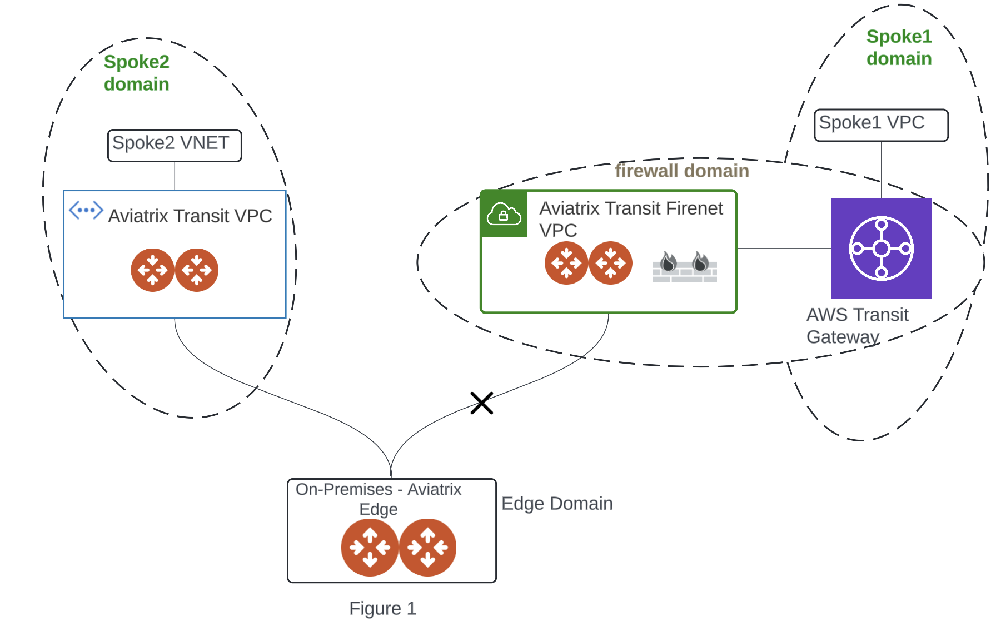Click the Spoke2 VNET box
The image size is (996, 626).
[174, 145]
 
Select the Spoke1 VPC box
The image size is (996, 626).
[880, 125]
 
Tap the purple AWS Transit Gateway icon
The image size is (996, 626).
[881, 248]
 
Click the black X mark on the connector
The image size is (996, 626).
[481, 403]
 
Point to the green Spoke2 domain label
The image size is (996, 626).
[136, 73]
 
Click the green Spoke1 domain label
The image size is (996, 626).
[899, 48]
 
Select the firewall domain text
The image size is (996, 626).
[681, 171]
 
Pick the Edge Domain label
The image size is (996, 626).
[556, 503]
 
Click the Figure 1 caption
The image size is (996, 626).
[382, 608]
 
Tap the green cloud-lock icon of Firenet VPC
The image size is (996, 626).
[504, 214]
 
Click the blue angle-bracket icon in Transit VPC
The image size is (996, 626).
[86, 211]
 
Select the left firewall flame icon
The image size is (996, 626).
[669, 262]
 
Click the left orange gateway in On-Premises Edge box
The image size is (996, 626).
[370, 548]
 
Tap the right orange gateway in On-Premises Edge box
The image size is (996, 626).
[427, 548]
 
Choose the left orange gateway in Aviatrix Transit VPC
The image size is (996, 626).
[152, 270]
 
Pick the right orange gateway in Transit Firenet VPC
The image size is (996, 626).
[610, 263]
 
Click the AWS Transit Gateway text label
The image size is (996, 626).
[856, 326]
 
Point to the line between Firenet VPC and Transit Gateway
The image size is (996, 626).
[784, 249]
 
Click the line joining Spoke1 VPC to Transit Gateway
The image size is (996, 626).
[881, 170]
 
